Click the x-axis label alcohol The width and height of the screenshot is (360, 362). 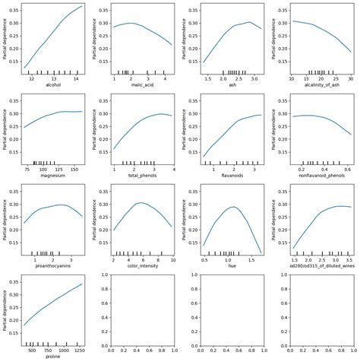54,84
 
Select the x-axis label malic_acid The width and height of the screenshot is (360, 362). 143,84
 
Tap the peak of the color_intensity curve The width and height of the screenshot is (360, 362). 141,203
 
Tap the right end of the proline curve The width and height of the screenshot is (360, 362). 83,284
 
